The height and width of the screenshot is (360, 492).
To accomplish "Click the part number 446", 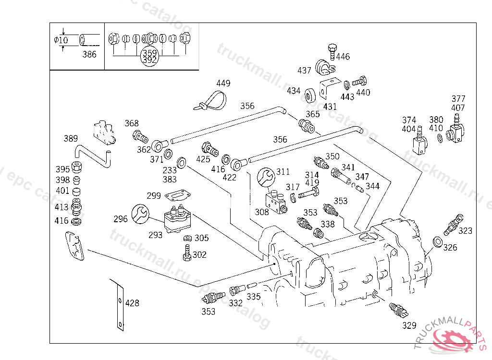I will coord(343,57).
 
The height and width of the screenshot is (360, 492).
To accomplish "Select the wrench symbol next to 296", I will coord(140,213).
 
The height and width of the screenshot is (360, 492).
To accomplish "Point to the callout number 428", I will coord(132,303).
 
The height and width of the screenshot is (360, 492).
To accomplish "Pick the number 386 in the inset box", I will coord(89,55).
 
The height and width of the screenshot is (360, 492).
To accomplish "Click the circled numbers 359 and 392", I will coord(149,57).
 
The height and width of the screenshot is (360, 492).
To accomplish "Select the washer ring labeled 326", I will coord(437,241).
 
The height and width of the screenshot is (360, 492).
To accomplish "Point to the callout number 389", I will coord(71,139).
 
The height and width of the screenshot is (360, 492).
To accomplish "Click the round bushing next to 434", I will coord(310,94).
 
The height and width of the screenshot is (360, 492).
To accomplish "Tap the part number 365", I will coord(313,114).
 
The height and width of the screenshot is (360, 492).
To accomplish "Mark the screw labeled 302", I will coord(186,252).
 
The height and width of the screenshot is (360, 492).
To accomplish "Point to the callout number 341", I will coord(348,168).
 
